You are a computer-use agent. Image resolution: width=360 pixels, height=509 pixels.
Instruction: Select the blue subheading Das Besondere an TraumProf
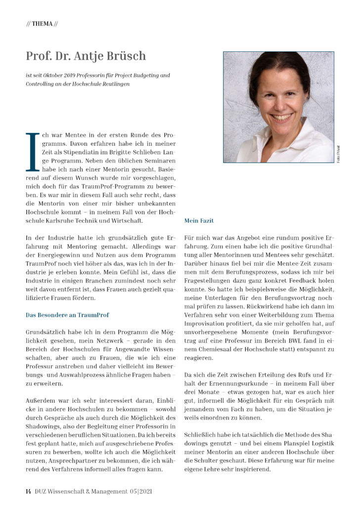tap(67, 315)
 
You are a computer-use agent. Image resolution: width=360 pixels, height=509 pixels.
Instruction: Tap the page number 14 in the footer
tap(29, 491)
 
